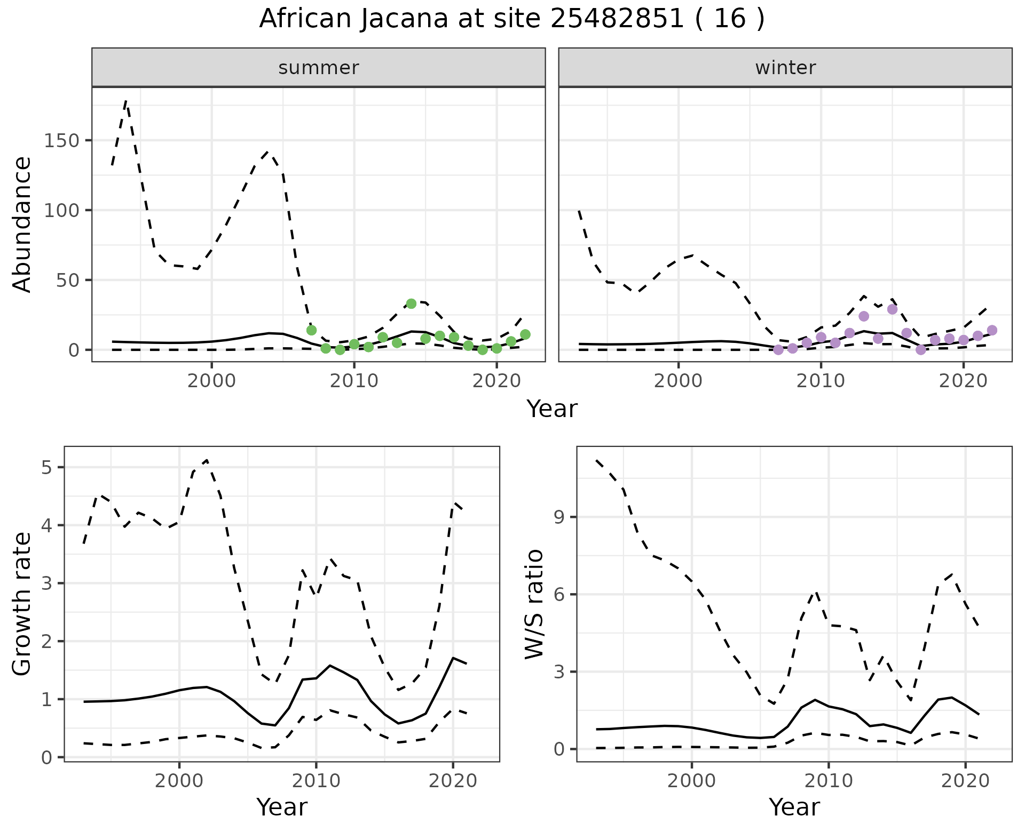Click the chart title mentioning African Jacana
tap(511, 19)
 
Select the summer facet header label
tap(319, 68)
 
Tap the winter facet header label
tap(785, 68)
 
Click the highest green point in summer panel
tap(411, 303)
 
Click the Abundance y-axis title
tap(22, 224)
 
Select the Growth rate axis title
tap(22, 604)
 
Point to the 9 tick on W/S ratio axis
tap(558, 517)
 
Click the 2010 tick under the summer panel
tap(354, 381)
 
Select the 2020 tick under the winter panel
tap(963, 381)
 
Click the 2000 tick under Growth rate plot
tap(179, 781)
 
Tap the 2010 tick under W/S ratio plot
tap(829, 781)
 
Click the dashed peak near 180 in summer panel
tap(126, 100)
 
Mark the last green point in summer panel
tap(525, 334)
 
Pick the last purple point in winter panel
tap(992, 330)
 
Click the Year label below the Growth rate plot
tap(282, 807)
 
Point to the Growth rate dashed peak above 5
tap(207, 460)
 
